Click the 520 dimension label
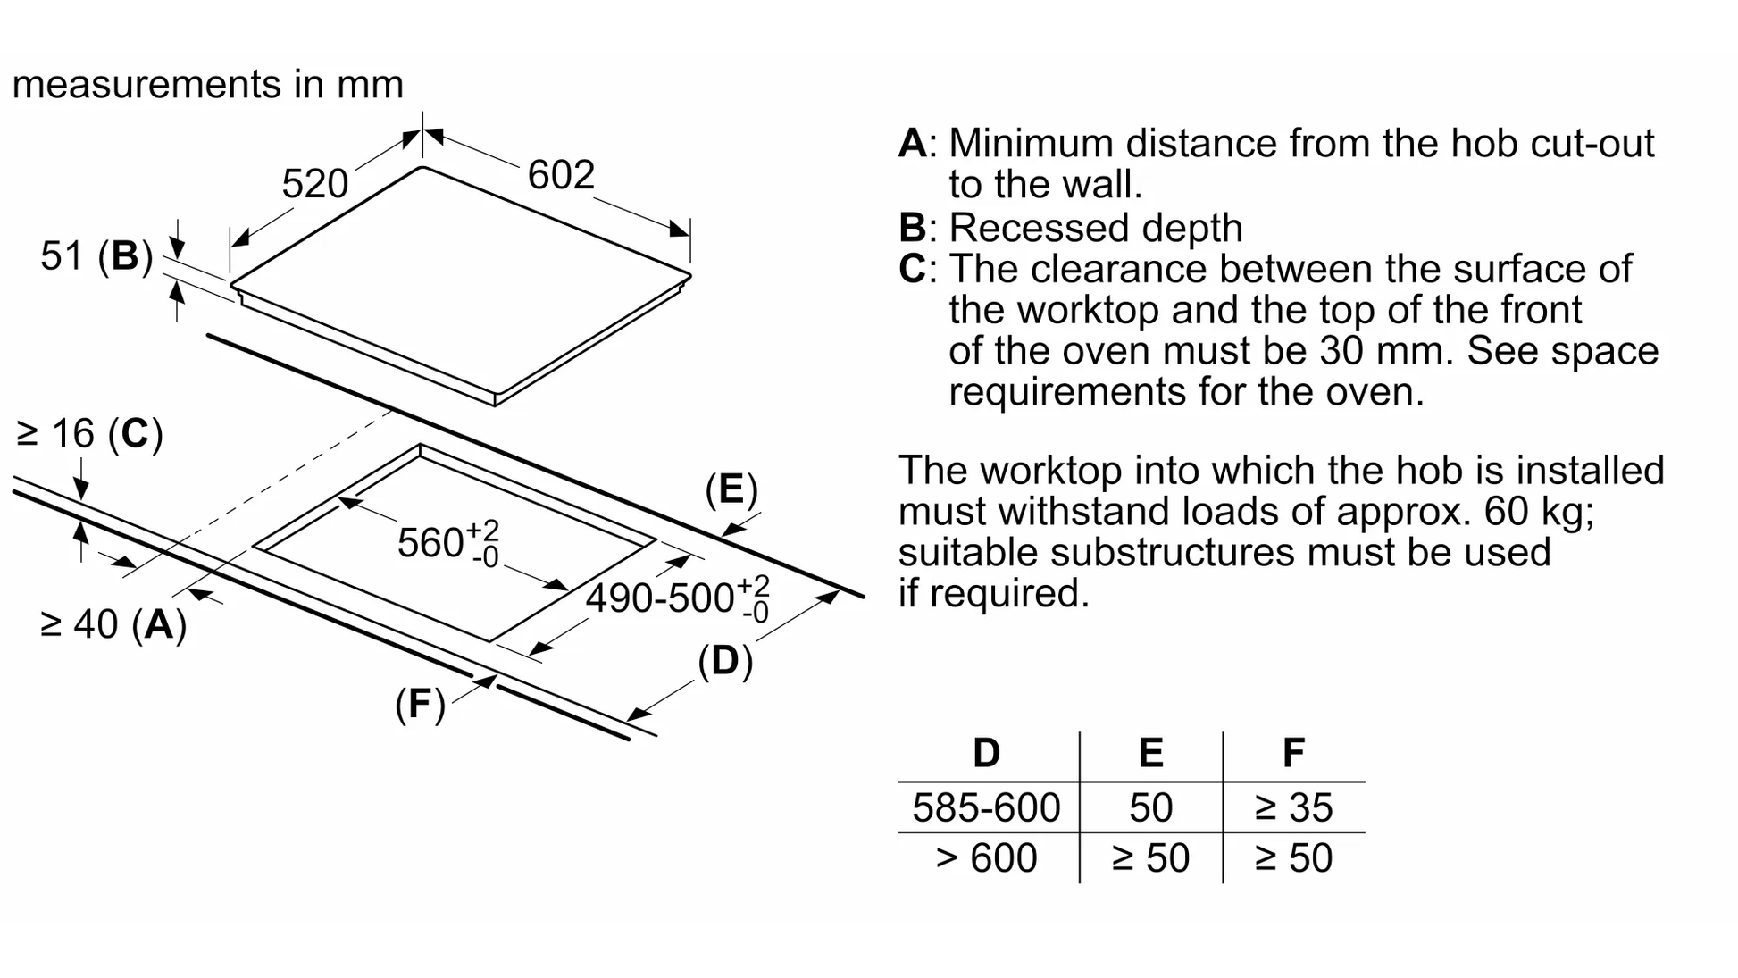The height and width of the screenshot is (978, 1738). [x=314, y=184]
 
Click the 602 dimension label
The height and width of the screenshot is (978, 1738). [x=561, y=175]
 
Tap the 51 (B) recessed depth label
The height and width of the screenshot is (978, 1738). [x=96, y=256]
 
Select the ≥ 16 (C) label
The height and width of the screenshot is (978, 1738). [x=90, y=434]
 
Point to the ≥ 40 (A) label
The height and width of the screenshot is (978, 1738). [x=113, y=624]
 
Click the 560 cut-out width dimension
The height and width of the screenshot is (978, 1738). [x=447, y=542]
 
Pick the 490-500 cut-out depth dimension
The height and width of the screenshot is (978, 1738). [x=676, y=597]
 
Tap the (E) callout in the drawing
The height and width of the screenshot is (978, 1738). [x=731, y=489]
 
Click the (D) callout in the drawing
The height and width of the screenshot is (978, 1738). [x=724, y=661]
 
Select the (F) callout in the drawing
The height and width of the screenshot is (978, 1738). [x=420, y=705]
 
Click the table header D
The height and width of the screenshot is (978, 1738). [x=986, y=753]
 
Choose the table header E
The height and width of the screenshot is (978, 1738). [x=1150, y=753]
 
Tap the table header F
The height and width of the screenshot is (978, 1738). [x=1293, y=753]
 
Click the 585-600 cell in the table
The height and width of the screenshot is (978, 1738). [x=986, y=807]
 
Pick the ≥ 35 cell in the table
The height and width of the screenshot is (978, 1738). [x=1293, y=807]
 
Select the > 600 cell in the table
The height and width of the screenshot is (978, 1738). [x=986, y=858]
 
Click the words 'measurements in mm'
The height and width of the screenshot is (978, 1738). [x=208, y=85]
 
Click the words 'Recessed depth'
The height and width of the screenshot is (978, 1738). [x=1095, y=228]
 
